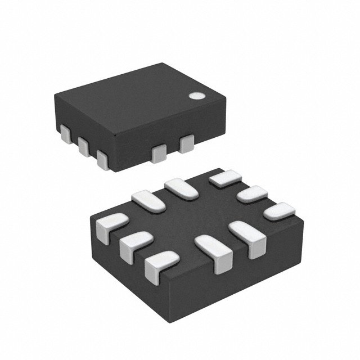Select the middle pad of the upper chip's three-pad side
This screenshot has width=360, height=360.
click(x=84, y=146)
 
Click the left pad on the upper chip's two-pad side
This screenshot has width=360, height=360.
click(x=159, y=152)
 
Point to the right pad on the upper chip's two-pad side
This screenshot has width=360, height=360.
click(x=185, y=145)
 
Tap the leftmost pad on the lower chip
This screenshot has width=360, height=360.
click(x=111, y=225)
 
